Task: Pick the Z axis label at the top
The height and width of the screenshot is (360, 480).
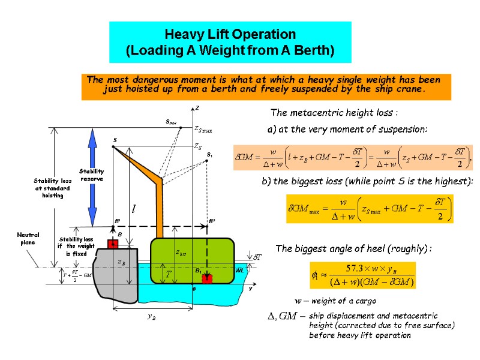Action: tap(196, 109)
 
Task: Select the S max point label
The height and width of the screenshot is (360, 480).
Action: tap(171, 122)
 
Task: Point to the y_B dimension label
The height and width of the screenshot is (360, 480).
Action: tap(152, 317)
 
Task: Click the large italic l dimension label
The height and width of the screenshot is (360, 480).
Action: tap(133, 210)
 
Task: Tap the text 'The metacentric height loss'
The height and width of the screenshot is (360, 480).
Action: tap(334, 113)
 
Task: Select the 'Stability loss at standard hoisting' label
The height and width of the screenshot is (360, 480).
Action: tap(52, 188)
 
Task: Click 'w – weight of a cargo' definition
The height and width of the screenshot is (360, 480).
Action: tap(335, 300)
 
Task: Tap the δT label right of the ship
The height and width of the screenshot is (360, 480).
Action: tap(255, 257)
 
